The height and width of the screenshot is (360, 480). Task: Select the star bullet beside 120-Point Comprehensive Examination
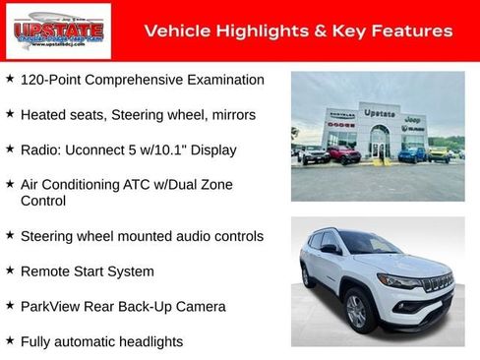pos(10,78)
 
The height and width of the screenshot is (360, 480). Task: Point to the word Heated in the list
pos(43,115)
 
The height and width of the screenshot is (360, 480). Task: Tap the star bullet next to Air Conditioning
pos(10,183)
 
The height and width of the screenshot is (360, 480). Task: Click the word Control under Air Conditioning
pos(43,201)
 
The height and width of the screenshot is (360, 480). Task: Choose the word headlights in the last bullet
pos(150,341)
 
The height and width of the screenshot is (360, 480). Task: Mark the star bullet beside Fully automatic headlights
pos(10,340)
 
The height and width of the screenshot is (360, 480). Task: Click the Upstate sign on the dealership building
pos(379,114)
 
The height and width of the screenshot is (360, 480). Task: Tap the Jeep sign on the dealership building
pos(412,118)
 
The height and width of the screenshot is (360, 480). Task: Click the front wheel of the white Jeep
pos(356,311)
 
